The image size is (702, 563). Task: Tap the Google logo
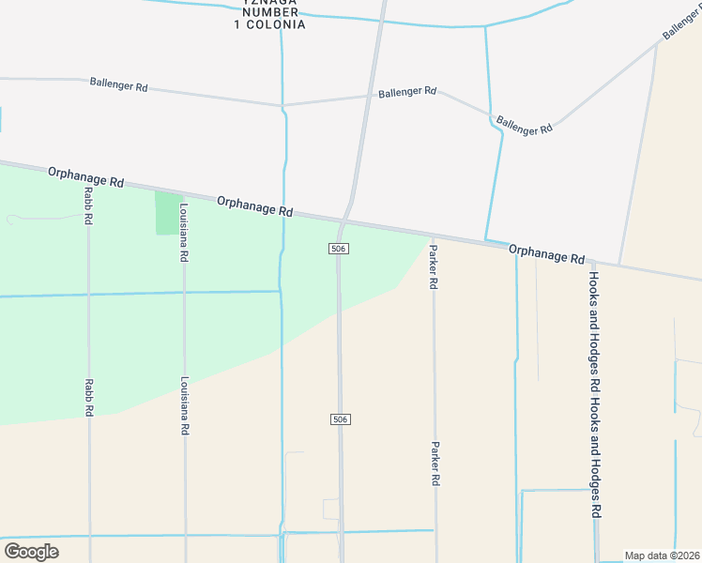tap(31, 551)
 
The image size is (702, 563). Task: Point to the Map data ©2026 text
tap(662, 555)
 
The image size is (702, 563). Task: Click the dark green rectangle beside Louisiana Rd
tap(165, 213)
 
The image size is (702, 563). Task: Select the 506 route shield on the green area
tap(340, 249)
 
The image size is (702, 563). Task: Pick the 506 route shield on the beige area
tap(340, 418)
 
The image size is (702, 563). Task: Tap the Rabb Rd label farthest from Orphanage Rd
tap(88, 398)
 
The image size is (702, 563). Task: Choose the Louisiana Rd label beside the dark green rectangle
tap(185, 233)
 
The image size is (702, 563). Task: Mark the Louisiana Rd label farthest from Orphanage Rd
tap(185, 405)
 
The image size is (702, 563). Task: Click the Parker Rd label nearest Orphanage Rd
tap(434, 266)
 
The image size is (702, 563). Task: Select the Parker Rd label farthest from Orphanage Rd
tap(435, 464)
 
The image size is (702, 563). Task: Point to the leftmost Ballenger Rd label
tap(119, 84)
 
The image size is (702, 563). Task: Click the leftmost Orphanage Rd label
tap(86, 175)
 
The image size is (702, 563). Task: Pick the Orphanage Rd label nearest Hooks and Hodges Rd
tap(547, 253)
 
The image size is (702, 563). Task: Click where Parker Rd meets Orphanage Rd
tap(433, 236)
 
